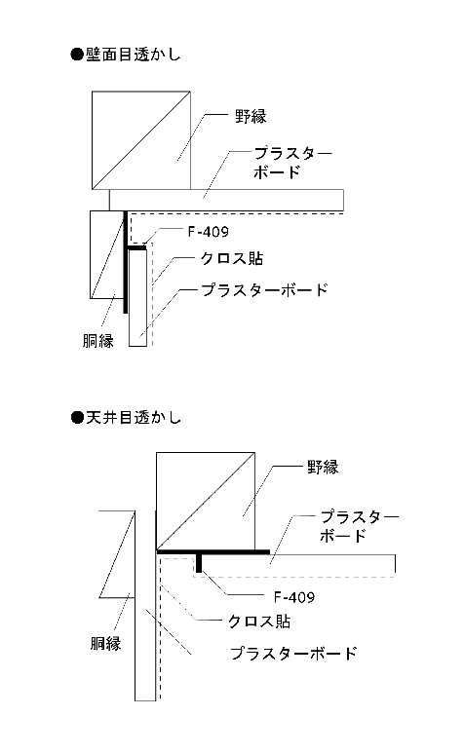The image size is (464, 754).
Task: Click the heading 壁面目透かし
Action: [x=133, y=55]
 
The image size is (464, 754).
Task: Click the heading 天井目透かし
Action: [x=133, y=417]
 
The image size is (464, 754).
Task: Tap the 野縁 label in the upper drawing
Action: [x=251, y=116]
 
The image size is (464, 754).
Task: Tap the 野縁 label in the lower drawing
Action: [x=323, y=467]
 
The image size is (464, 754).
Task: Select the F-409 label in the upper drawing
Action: [x=208, y=232]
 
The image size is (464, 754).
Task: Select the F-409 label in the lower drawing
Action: [x=294, y=597]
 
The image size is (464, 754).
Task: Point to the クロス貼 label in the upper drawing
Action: [x=232, y=259]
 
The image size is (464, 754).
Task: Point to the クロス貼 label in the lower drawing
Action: [x=259, y=622]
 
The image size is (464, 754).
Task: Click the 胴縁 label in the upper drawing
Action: [x=97, y=340]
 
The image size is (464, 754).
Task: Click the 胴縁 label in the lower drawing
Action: [x=105, y=643]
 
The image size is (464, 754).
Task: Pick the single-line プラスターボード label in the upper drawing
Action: [x=264, y=290]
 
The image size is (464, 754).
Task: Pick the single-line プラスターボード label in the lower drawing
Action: [x=293, y=653]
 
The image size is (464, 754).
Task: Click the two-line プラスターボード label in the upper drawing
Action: [x=292, y=163]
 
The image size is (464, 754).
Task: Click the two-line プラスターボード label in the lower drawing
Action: [x=359, y=526]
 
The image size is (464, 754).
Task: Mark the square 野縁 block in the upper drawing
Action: [x=141, y=140]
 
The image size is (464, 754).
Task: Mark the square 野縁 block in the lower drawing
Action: [x=206, y=501]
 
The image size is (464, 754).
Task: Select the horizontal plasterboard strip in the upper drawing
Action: [x=226, y=200]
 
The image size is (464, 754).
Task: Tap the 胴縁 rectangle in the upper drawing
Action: [x=108, y=254]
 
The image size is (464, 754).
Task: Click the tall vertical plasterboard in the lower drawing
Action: [x=145, y=606]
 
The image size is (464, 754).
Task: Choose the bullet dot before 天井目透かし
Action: [x=77, y=417]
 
